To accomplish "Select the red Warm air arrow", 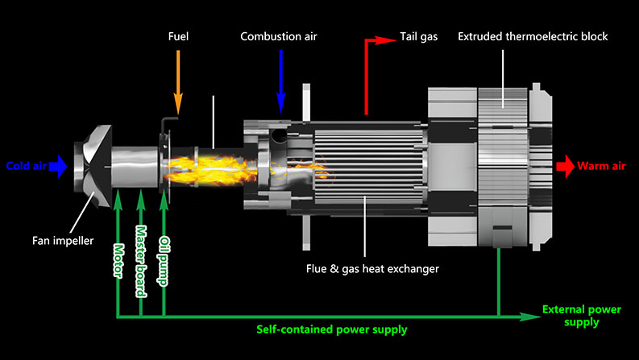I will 565,167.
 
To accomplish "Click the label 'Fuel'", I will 179,37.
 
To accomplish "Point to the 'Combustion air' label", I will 280,37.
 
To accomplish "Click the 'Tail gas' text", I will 419,37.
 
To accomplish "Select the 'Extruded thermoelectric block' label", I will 533,37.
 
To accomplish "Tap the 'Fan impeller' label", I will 63,240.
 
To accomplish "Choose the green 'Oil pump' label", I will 164,260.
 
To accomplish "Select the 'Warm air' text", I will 604,168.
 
